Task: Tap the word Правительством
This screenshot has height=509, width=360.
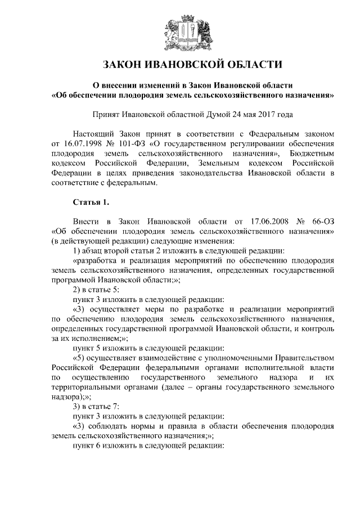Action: (x=303, y=357)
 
